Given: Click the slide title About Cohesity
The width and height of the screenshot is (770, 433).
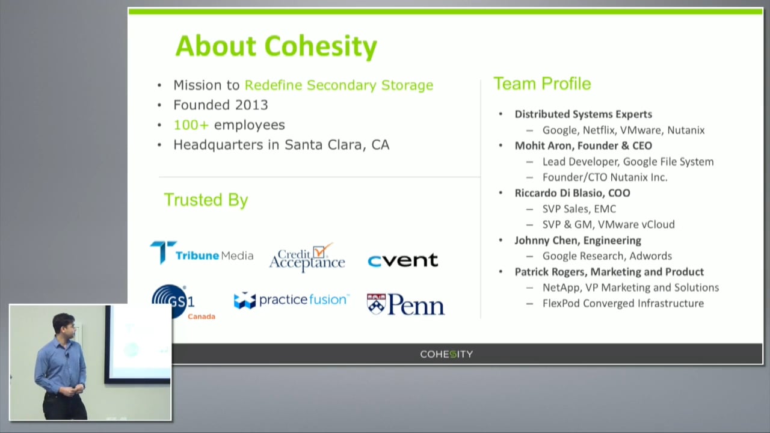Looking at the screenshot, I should pyautogui.click(x=276, y=46).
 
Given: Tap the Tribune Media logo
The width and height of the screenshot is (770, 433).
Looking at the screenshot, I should pyautogui.click(x=202, y=254).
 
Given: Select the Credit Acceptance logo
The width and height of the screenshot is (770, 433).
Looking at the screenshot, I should pyautogui.click(x=307, y=259).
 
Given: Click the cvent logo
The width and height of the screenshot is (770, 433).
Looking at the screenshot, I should pyautogui.click(x=402, y=260).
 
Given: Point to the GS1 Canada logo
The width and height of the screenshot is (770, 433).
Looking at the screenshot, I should pyautogui.click(x=180, y=302).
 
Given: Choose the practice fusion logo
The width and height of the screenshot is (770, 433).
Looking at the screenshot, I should pyautogui.click(x=291, y=300).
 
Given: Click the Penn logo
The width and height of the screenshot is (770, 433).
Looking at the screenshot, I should pyautogui.click(x=405, y=304).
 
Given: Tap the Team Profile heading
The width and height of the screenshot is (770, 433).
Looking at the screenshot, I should pyautogui.click(x=542, y=84).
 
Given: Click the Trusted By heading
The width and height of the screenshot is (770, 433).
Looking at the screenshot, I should pyautogui.click(x=206, y=200).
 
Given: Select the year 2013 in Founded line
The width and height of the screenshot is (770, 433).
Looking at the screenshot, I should pyautogui.click(x=251, y=105).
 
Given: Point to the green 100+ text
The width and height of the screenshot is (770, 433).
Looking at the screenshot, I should pyautogui.click(x=191, y=124).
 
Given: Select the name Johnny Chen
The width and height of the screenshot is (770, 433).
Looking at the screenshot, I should pyautogui.click(x=542, y=240).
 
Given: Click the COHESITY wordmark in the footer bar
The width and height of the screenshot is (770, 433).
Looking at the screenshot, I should pyautogui.click(x=446, y=354).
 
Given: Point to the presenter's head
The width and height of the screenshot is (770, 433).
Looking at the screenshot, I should pyautogui.click(x=64, y=324).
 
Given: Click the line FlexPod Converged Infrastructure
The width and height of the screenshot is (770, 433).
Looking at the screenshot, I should pyautogui.click(x=623, y=303).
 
